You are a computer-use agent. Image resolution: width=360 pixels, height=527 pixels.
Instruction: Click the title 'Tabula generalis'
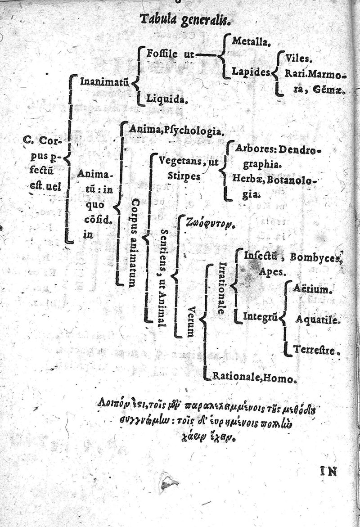point(185,19)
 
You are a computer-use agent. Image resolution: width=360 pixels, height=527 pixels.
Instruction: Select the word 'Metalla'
point(251,42)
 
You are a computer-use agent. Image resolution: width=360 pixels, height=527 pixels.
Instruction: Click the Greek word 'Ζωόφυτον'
point(205,222)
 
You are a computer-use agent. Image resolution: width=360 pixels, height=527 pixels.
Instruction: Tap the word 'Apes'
point(271,272)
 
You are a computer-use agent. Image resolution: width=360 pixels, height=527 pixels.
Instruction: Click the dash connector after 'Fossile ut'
point(206,55)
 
